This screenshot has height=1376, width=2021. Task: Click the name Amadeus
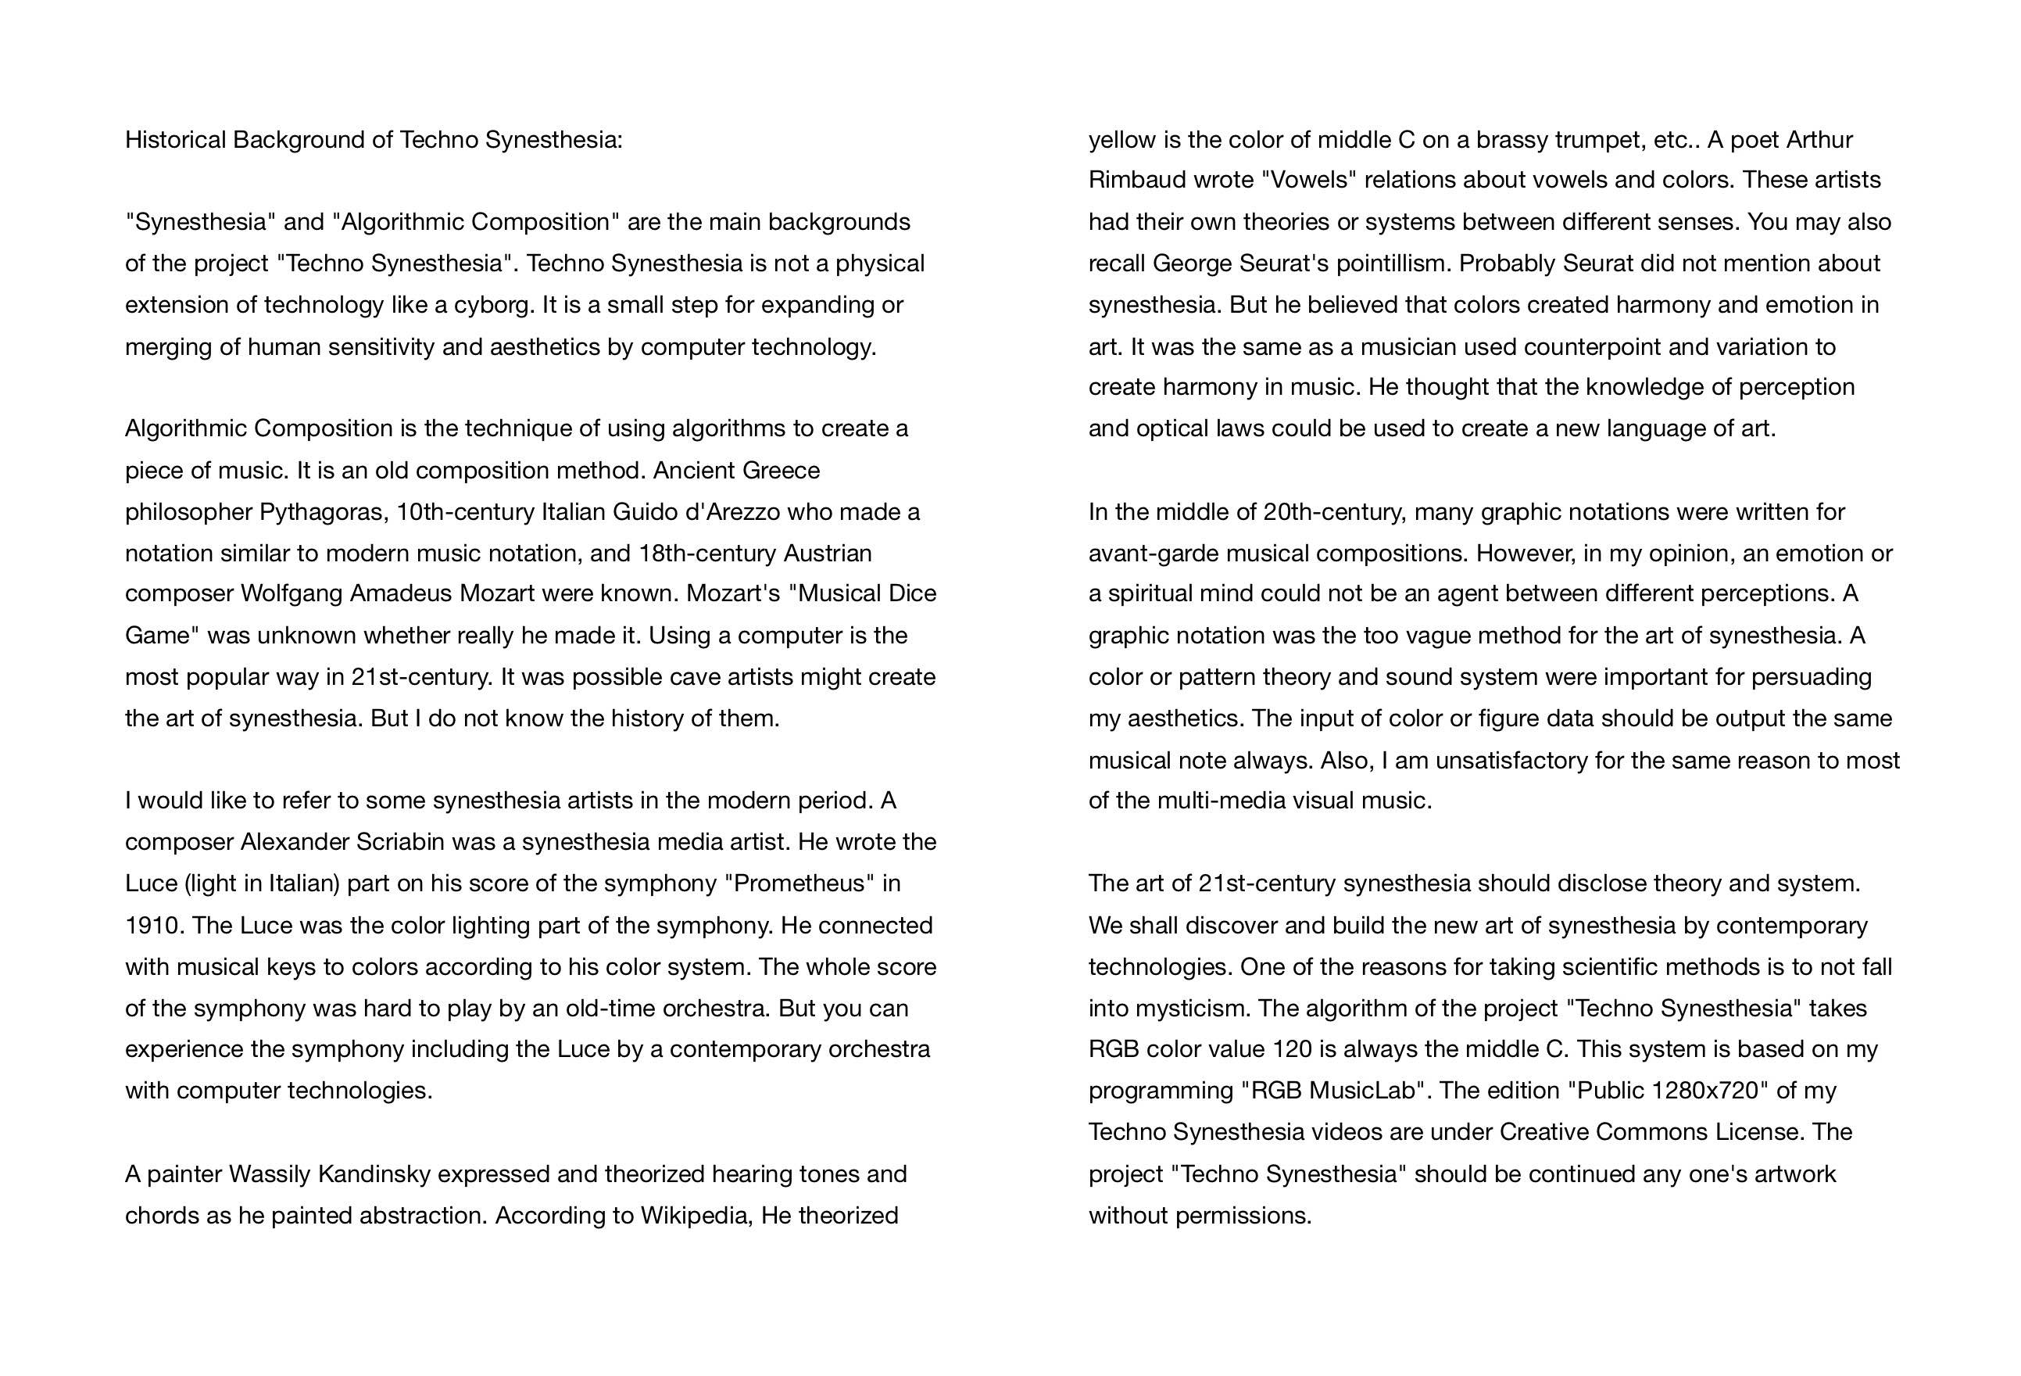click(400, 594)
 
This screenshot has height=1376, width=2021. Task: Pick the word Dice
click(912, 594)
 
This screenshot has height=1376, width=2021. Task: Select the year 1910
click(152, 926)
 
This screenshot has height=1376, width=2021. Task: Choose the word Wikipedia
click(695, 1216)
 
